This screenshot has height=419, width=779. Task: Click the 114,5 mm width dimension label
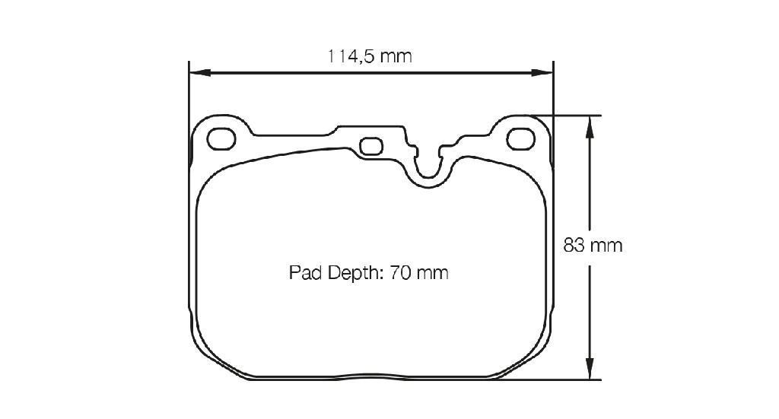point(370,56)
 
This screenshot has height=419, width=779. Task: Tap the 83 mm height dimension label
point(593,246)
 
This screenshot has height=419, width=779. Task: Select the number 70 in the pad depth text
point(399,272)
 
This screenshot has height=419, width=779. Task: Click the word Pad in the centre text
point(306,272)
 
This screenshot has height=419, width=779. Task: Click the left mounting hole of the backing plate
point(221,138)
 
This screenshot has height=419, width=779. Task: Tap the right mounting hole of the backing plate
point(520,138)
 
